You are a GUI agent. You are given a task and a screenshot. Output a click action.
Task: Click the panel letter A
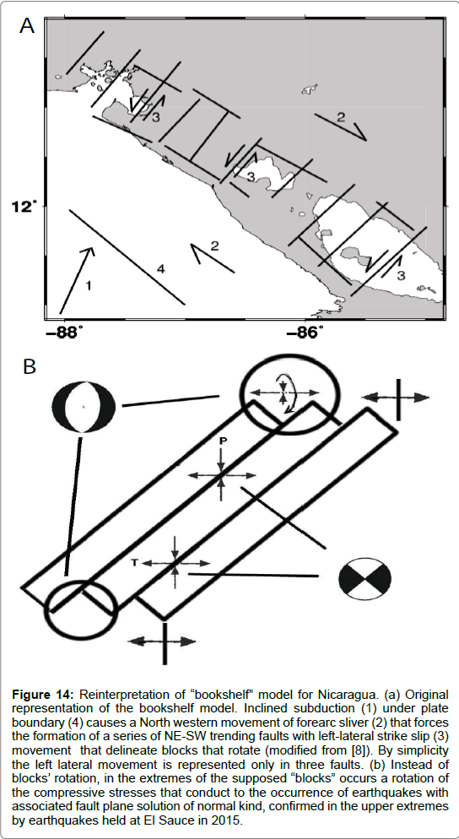coord(27,24)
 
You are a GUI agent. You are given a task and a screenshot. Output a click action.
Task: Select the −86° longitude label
coord(305,333)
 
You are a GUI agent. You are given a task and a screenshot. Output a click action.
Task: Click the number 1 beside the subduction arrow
coord(89,286)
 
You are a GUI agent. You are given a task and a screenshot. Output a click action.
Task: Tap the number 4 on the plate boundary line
coord(160,269)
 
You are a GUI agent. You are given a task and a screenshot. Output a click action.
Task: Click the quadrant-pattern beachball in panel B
coord(365,579)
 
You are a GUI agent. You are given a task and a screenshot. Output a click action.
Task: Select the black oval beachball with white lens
coord(84,407)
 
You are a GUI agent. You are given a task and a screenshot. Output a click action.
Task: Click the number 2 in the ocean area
coord(214,246)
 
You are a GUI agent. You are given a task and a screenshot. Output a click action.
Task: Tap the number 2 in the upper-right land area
coord(341,117)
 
